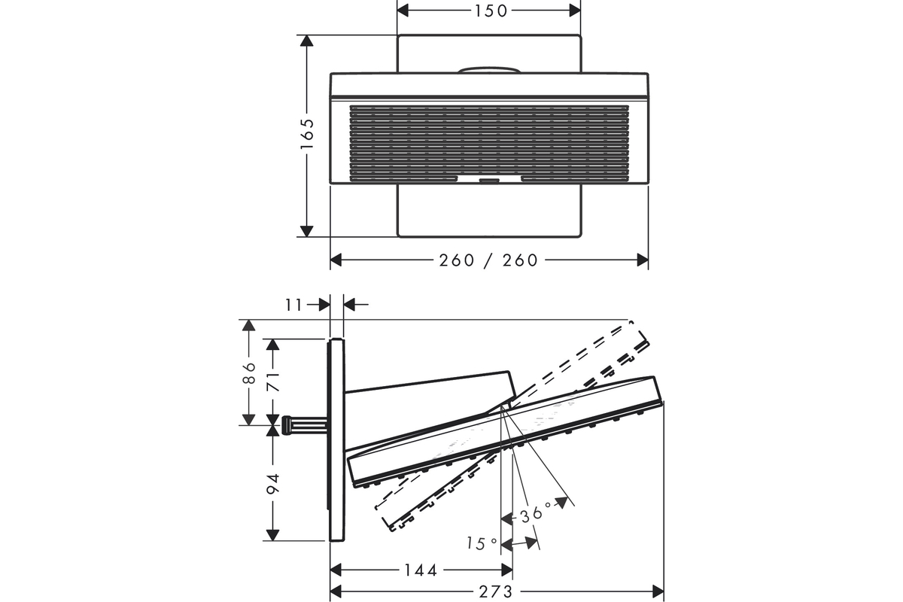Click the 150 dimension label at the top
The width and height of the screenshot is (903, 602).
pos(491,11)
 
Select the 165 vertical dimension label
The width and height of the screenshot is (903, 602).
pos(307,134)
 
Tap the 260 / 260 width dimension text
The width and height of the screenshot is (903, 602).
pos(488,260)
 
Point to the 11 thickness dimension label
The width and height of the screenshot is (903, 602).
pos(293,306)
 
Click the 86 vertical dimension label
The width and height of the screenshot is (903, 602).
pos(249,373)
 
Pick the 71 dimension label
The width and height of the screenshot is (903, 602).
pos(273,382)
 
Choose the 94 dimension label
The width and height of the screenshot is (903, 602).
pos(273,484)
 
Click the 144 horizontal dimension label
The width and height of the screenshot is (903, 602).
pos(421,570)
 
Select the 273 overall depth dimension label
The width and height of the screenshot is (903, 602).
pos(496,592)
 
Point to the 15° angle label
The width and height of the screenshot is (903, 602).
pos(482,543)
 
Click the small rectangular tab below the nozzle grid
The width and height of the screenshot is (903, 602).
pos(489,181)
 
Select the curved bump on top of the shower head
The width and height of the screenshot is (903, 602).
pos(489,70)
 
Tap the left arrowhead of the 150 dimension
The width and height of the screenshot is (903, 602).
pos(403,11)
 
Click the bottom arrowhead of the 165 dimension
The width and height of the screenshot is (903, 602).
pos(307,231)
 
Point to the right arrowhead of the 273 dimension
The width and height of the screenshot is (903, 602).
pos(658,592)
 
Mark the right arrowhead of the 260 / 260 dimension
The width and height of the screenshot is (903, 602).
pos(643,260)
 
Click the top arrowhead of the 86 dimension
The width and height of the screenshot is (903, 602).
pos(249,325)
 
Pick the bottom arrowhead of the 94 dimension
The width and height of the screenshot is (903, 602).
pos(273,535)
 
